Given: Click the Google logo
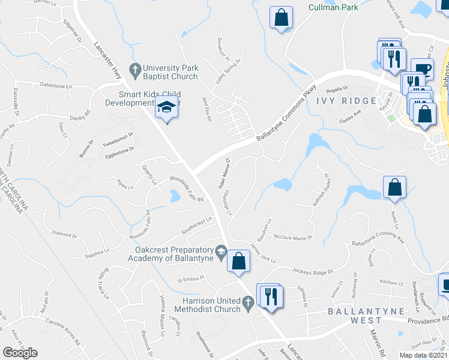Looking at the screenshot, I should pyautogui.click(x=20, y=352).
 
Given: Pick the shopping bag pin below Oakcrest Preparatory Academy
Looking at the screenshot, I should pyautogui.click(x=238, y=261).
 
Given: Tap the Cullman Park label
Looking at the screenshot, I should pyautogui.click(x=333, y=7).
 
